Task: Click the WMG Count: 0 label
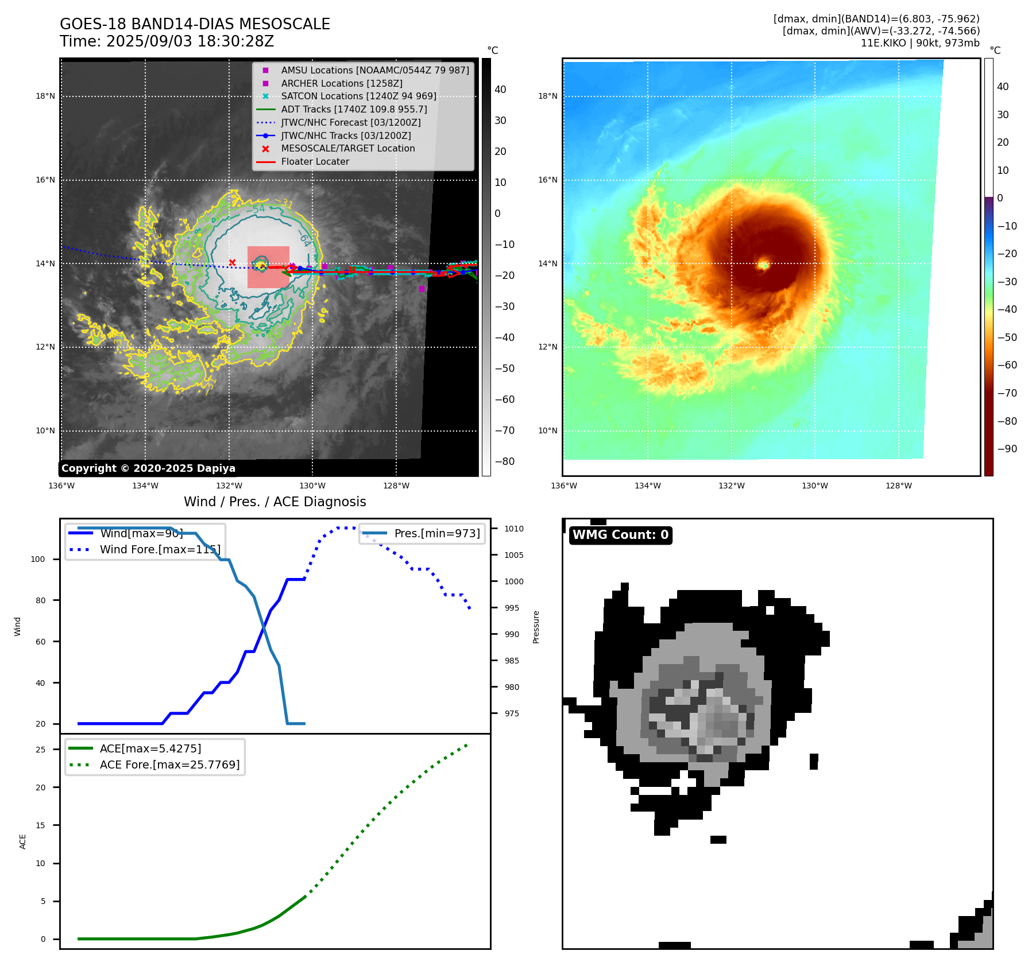(620, 535)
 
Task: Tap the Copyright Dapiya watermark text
(148, 468)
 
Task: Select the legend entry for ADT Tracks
(354, 109)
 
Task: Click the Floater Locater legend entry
(315, 161)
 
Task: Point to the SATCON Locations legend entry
(358, 96)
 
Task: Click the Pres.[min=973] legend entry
(436, 533)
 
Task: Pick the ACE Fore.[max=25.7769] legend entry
(169, 765)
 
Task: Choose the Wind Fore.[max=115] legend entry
(160, 549)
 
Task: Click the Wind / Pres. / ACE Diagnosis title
(275, 502)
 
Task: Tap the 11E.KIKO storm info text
(920, 43)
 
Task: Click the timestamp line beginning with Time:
(167, 41)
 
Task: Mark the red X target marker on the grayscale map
(232, 262)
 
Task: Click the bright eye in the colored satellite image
(763, 265)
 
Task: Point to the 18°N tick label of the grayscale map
(45, 96)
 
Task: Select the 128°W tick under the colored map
(898, 486)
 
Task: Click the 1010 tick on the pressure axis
(514, 529)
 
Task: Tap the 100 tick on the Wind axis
(37, 559)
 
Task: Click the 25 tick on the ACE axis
(40, 750)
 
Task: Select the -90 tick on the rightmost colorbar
(1007, 449)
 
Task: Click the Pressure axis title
(536, 627)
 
